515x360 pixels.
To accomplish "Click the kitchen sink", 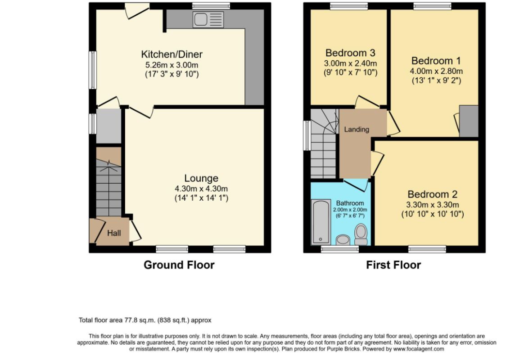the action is point(208,20).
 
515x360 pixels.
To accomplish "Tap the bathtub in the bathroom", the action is point(321,222).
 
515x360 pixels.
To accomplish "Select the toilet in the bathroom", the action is point(361,234).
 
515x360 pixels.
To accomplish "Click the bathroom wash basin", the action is point(343,240).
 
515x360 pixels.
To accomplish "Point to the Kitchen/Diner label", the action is point(172,54).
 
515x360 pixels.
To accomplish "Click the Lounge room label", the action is point(201,178).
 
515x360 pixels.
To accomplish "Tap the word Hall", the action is point(114,233).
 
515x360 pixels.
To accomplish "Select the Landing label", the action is point(357,129).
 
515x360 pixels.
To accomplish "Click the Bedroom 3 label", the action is point(350,53).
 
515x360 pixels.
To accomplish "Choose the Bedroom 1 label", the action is point(436,61).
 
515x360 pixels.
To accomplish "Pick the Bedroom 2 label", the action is point(432,194).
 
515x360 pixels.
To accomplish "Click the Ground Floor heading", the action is point(179,265).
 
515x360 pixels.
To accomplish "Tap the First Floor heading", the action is point(393,265).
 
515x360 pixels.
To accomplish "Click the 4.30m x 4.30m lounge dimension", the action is point(201,189).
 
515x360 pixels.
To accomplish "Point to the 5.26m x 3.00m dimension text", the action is point(172,65).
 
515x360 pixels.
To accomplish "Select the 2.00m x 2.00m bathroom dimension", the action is point(350,210).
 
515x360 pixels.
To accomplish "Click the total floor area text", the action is point(145,320).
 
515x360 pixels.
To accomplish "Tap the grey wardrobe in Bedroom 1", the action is point(469,121).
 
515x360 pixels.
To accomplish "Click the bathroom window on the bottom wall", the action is point(339,250).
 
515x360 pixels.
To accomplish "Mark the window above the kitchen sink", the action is point(211,5).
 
